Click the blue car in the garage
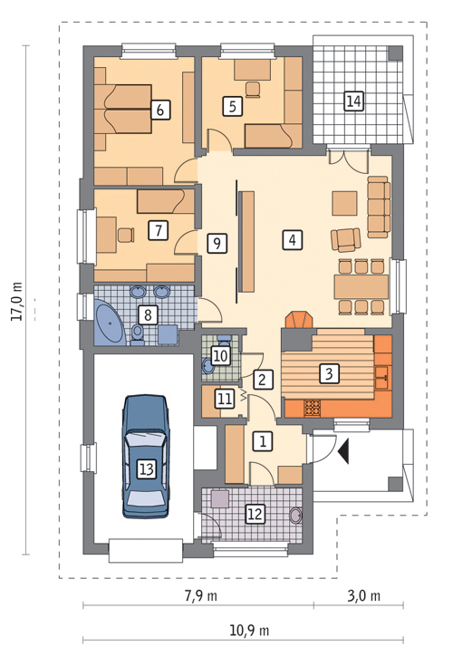(146, 457)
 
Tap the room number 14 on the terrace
(353, 101)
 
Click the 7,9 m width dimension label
(200, 596)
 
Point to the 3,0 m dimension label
(364, 596)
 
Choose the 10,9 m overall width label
(249, 631)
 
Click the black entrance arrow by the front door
(343, 451)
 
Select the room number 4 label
(292, 240)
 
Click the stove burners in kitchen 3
(313, 408)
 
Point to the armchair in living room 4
(345, 239)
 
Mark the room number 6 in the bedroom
(160, 110)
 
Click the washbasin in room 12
(296, 516)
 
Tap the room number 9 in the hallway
(217, 244)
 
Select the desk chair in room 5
(253, 90)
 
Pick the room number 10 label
(220, 355)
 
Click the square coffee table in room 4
(344, 204)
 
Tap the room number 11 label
(225, 399)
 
